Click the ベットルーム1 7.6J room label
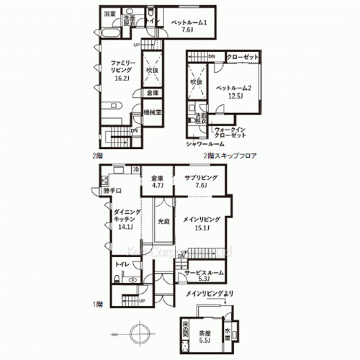tap(189, 26)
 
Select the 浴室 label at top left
tap(109, 14)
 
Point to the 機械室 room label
tap(153, 113)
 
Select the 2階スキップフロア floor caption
tap(231, 156)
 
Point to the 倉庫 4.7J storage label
tap(158, 182)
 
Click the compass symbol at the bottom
tap(138, 333)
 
